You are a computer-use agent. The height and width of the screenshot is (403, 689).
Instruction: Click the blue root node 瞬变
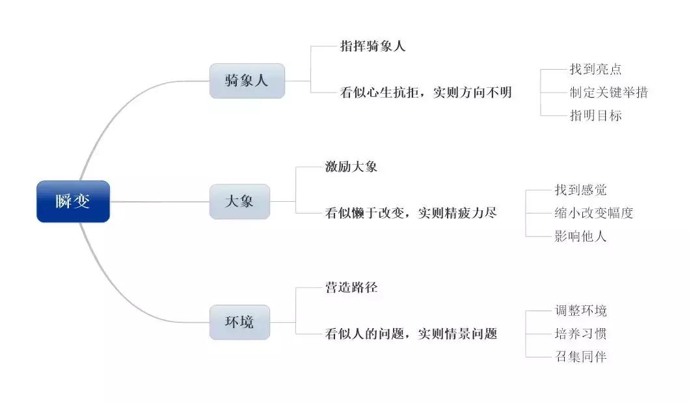[73, 201]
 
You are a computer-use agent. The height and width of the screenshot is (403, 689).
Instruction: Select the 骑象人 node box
[247, 81]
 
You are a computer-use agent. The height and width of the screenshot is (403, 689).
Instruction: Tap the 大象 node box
[239, 201]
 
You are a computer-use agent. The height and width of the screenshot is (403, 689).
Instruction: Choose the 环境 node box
[239, 322]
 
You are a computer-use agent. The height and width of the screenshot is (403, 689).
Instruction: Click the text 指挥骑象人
[373, 46]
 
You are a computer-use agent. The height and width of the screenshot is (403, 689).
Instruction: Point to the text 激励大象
[351, 167]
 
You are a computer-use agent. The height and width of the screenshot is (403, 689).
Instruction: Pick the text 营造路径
[351, 287]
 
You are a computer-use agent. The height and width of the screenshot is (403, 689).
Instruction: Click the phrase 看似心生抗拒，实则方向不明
[426, 92]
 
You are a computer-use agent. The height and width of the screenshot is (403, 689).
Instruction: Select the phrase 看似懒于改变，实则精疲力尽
[411, 212]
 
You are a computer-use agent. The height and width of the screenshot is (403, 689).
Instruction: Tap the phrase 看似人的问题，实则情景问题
[411, 334]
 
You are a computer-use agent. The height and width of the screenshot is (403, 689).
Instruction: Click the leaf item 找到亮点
[596, 69]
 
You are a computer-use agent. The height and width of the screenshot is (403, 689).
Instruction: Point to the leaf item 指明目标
[596, 116]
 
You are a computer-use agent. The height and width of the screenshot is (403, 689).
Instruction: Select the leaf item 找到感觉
[581, 189]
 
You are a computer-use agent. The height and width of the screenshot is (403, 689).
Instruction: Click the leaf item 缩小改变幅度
[594, 213]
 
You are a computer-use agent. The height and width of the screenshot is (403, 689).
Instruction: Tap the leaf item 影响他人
[581, 236]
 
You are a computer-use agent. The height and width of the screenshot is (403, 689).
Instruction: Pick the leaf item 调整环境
[581, 311]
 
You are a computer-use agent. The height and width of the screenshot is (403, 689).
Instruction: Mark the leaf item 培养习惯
[581, 334]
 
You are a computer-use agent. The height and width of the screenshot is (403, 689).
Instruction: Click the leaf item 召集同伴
[581, 357]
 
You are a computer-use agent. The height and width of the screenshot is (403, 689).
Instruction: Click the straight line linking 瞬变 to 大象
[159, 201]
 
